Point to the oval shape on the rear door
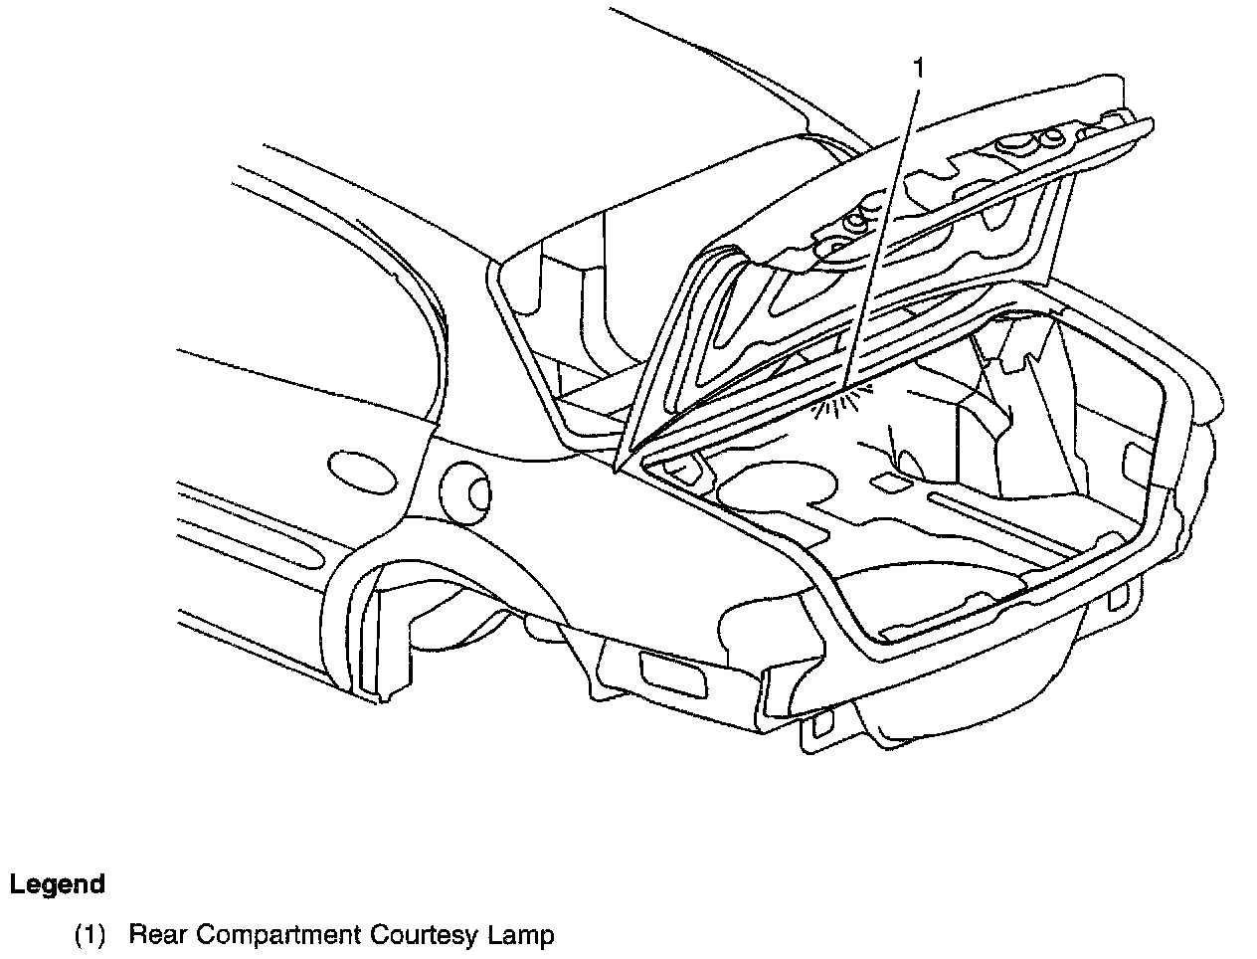(360, 471)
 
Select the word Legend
(58, 884)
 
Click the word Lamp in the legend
(521, 935)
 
